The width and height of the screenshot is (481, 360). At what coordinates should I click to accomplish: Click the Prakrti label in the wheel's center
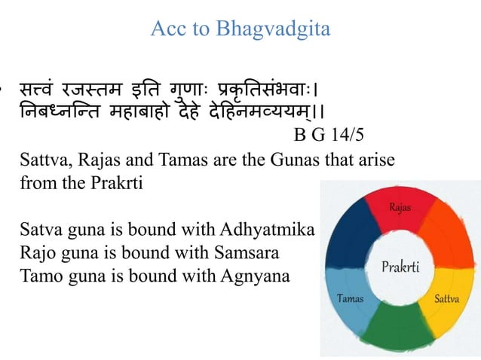pos(400,267)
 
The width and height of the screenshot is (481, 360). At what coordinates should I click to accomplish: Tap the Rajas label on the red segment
pos(400,206)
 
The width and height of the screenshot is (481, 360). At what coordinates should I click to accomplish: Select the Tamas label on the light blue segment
pos(348,298)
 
